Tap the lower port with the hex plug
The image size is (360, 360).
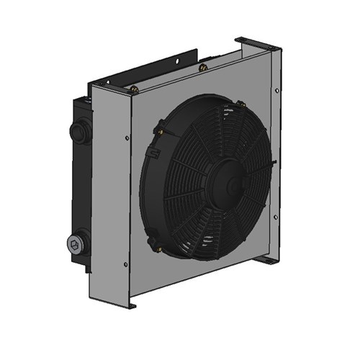77,245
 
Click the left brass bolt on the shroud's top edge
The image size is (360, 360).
134,89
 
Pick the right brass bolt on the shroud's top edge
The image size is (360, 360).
204,68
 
